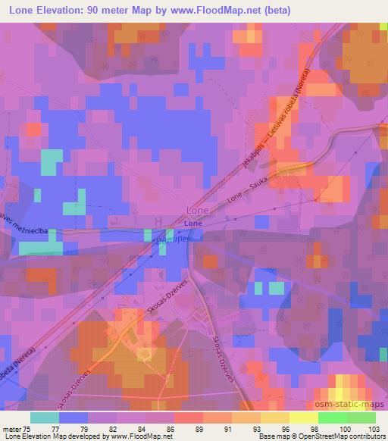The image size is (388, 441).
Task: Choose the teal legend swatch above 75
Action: pos(45,417)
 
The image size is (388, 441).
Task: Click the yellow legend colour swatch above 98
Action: pos(303,417)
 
